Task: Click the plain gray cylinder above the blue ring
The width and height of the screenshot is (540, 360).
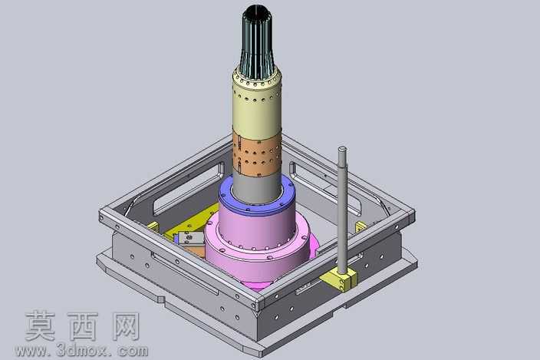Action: [257, 188]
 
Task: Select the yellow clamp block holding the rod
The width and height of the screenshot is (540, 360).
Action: [339, 279]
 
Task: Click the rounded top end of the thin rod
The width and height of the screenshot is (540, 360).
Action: [342, 149]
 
